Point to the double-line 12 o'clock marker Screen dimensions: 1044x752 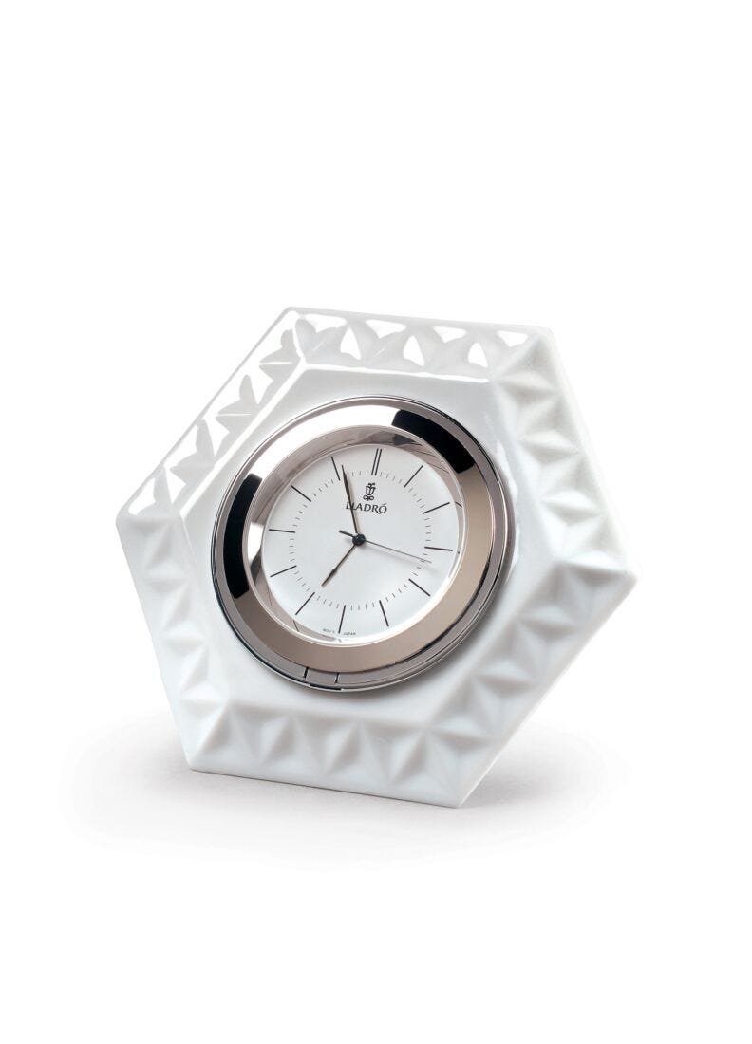click(376, 461)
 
